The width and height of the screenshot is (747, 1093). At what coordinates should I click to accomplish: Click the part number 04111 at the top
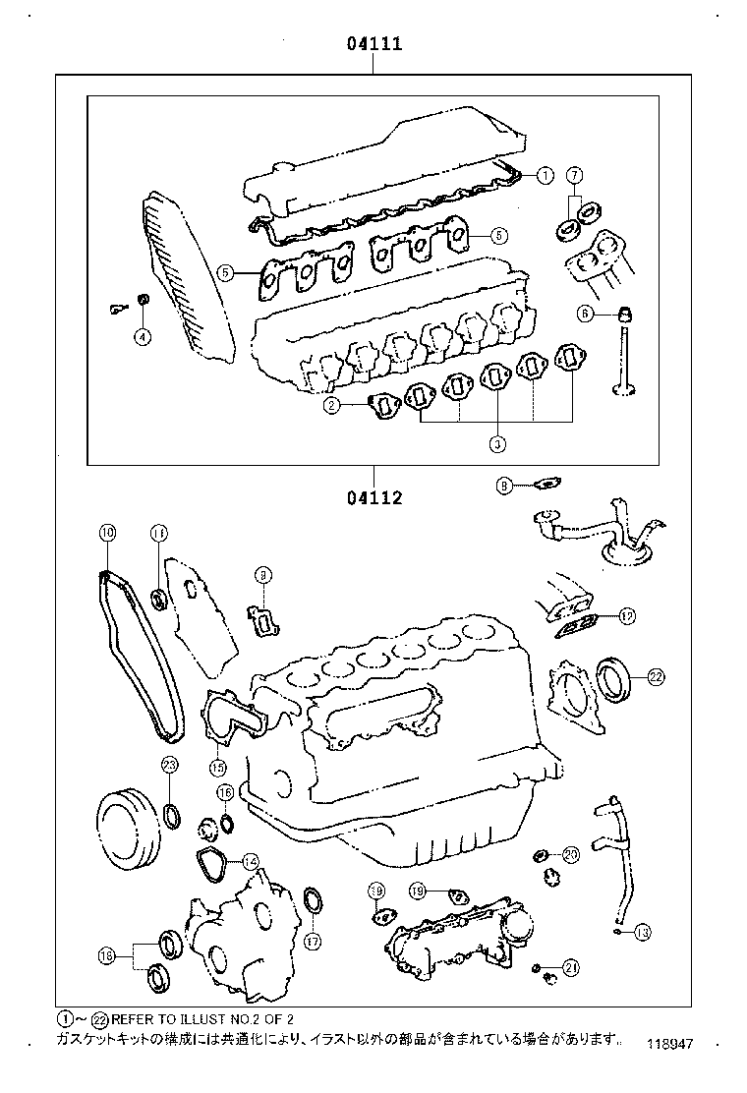(x=373, y=44)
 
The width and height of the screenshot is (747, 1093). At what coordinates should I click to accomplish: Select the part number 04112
(x=373, y=497)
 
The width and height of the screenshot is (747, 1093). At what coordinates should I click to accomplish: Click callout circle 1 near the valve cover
(x=545, y=176)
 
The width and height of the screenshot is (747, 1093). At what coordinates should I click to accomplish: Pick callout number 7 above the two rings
(x=575, y=175)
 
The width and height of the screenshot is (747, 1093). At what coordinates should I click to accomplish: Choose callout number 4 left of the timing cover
(x=143, y=337)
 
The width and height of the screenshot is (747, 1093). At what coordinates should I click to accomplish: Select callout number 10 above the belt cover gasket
(x=107, y=533)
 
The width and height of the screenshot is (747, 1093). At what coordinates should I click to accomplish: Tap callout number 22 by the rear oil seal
(x=656, y=675)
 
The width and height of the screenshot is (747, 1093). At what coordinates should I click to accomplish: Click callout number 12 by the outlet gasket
(x=627, y=617)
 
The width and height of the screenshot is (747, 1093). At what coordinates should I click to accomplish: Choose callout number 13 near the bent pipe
(x=642, y=932)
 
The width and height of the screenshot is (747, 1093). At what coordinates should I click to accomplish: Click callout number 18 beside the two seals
(x=107, y=954)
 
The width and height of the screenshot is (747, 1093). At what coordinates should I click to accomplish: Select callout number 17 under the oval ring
(x=313, y=941)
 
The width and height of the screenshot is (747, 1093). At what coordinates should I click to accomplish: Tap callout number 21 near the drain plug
(x=571, y=968)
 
